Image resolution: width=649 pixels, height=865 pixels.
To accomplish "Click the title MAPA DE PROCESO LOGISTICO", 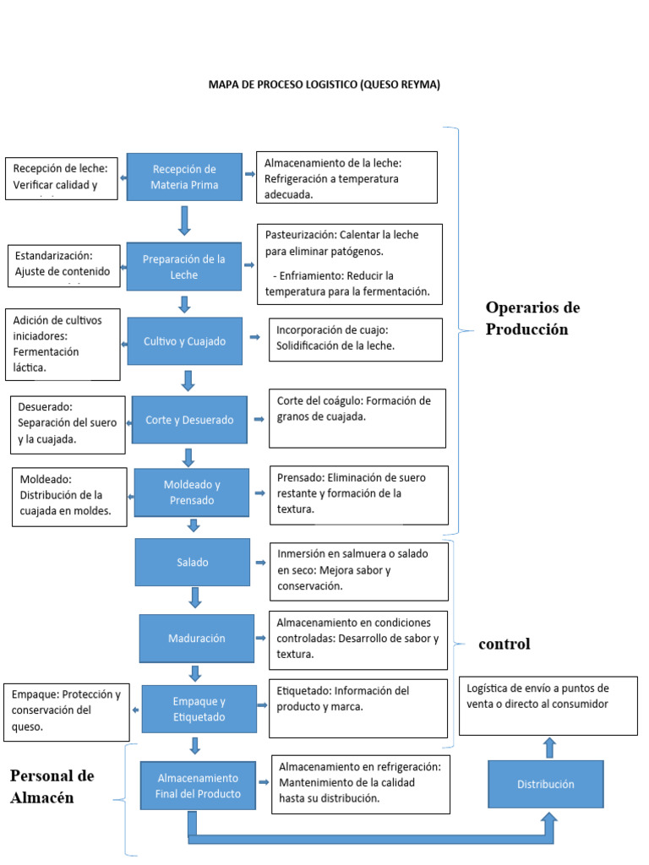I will point(324,85).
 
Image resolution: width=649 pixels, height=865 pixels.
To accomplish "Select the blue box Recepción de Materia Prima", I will point(184,177).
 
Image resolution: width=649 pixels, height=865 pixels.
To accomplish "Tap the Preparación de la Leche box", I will point(184,267).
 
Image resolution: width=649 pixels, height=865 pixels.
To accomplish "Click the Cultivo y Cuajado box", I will point(183,342).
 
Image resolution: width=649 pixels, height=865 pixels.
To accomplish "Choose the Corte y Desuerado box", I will point(189,420).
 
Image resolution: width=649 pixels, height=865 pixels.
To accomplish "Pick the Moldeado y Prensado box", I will point(192,492).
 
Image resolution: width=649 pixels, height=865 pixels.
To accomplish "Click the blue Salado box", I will point(192,562).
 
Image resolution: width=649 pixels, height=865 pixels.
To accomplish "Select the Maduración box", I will point(195,639).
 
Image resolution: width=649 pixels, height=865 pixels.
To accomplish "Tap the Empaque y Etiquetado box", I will point(199,710).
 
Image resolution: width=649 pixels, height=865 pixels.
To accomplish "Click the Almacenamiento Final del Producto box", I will point(197,786).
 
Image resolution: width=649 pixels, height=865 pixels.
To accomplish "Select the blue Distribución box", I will point(545,785).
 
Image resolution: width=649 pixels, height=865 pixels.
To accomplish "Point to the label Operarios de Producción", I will point(532,318).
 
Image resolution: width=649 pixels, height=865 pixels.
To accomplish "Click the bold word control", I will point(504,645).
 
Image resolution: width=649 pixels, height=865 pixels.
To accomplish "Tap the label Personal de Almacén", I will point(52,786).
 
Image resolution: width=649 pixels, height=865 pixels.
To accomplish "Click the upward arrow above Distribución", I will point(548,747).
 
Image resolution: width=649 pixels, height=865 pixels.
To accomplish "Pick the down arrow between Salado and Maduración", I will point(195,598).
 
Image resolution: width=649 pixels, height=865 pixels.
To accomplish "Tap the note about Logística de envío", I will point(548,705).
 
